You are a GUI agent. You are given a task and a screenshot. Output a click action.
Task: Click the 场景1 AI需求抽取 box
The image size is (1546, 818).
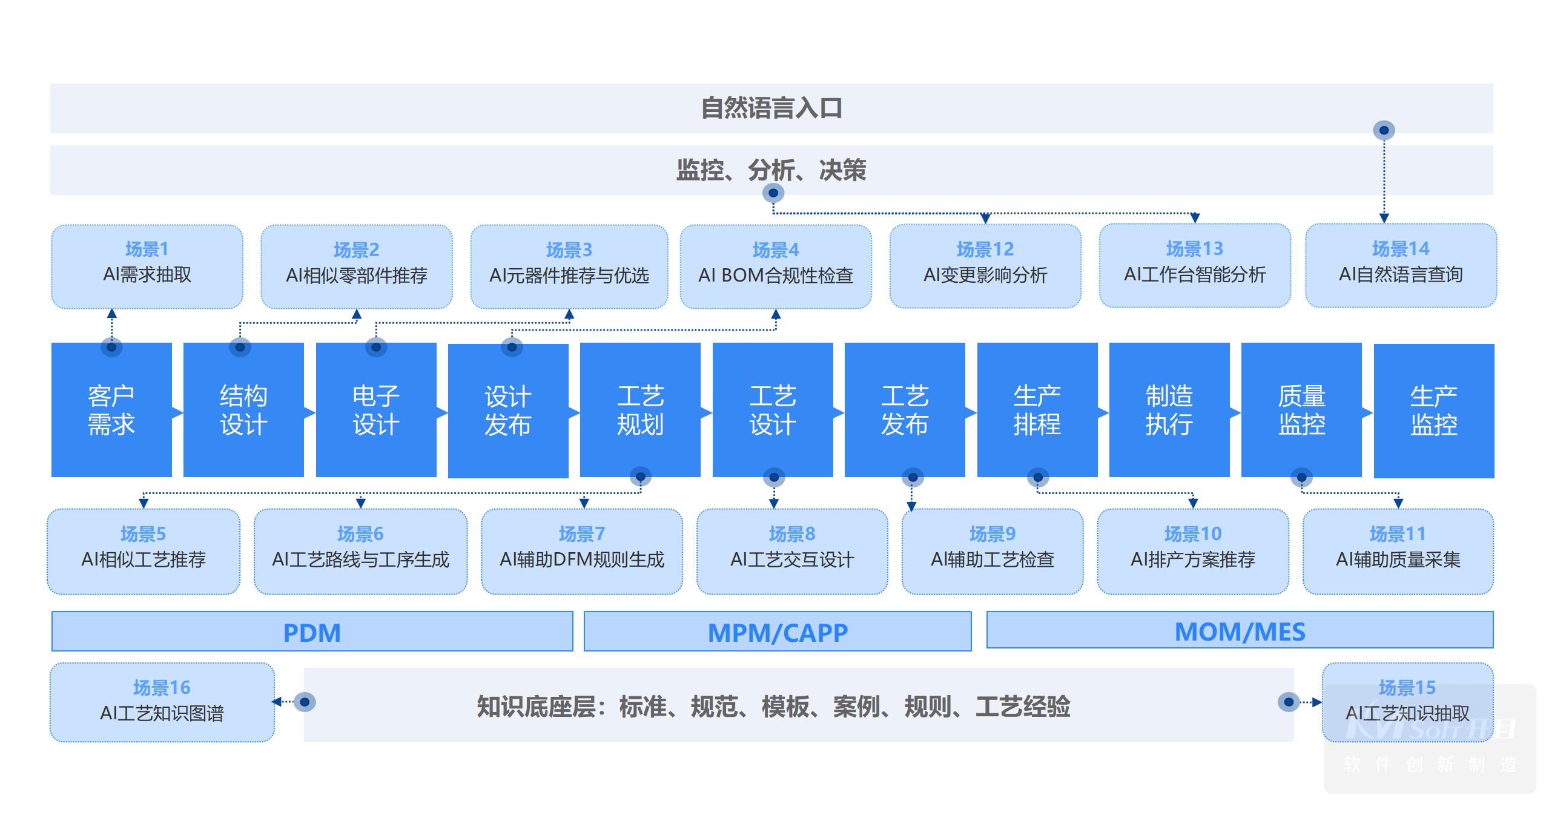click(x=147, y=266)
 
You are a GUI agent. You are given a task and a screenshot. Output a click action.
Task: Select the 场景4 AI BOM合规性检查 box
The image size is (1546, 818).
click(x=776, y=266)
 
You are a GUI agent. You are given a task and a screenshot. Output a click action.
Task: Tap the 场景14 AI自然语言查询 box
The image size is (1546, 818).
click(x=1401, y=266)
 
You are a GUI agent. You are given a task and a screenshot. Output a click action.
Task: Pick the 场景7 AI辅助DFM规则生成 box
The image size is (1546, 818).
click(x=582, y=551)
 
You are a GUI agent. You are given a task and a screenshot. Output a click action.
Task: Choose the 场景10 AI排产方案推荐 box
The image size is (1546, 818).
click(x=1193, y=551)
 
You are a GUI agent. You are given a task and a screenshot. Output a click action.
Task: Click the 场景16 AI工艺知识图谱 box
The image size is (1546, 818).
click(x=162, y=702)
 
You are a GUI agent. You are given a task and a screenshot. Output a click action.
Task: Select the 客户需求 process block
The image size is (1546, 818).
click(x=111, y=410)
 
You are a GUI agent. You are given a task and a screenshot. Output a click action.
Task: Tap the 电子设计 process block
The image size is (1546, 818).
click(x=376, y=410)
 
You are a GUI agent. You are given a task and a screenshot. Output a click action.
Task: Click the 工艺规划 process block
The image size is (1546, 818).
click(x=640, y=410)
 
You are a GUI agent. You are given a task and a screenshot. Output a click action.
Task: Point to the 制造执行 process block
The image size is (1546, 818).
click(x=1169, y=410)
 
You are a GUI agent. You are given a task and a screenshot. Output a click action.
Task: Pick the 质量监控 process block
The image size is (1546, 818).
click(x=1301, y=410)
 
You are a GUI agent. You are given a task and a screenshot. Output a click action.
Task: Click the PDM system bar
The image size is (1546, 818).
click(x=312, y=632)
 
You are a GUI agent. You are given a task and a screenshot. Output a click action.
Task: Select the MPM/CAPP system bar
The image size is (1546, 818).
click(x=778, y=632)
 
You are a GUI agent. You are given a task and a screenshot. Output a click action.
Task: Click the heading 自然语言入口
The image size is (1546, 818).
click(x=771, y=108)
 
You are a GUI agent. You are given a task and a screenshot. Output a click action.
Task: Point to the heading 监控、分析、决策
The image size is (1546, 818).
click(x=771, y=170)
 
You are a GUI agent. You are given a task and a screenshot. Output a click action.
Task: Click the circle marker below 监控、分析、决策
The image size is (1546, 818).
click(x=773, y=193)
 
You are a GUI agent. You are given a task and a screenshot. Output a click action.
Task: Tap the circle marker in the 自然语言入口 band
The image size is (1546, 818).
click(x=1384, y=130)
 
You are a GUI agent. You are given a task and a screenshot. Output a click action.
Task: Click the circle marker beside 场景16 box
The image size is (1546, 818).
click(x=305, y=702)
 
